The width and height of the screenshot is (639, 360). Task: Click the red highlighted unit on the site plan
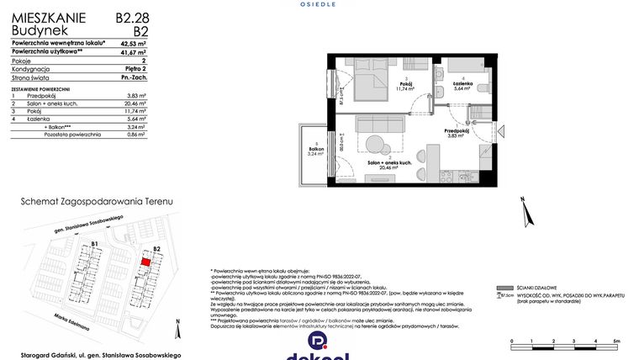pyautogui.click(x=145, y=262)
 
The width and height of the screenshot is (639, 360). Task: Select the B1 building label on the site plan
pyautogui.click(x=95, y=245)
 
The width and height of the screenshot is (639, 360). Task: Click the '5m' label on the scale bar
pyautogui.click(x=616, y=341)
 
